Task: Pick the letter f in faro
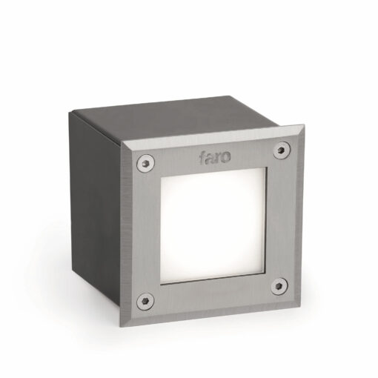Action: click(202, 157)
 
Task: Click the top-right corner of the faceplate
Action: click(302, 127)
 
